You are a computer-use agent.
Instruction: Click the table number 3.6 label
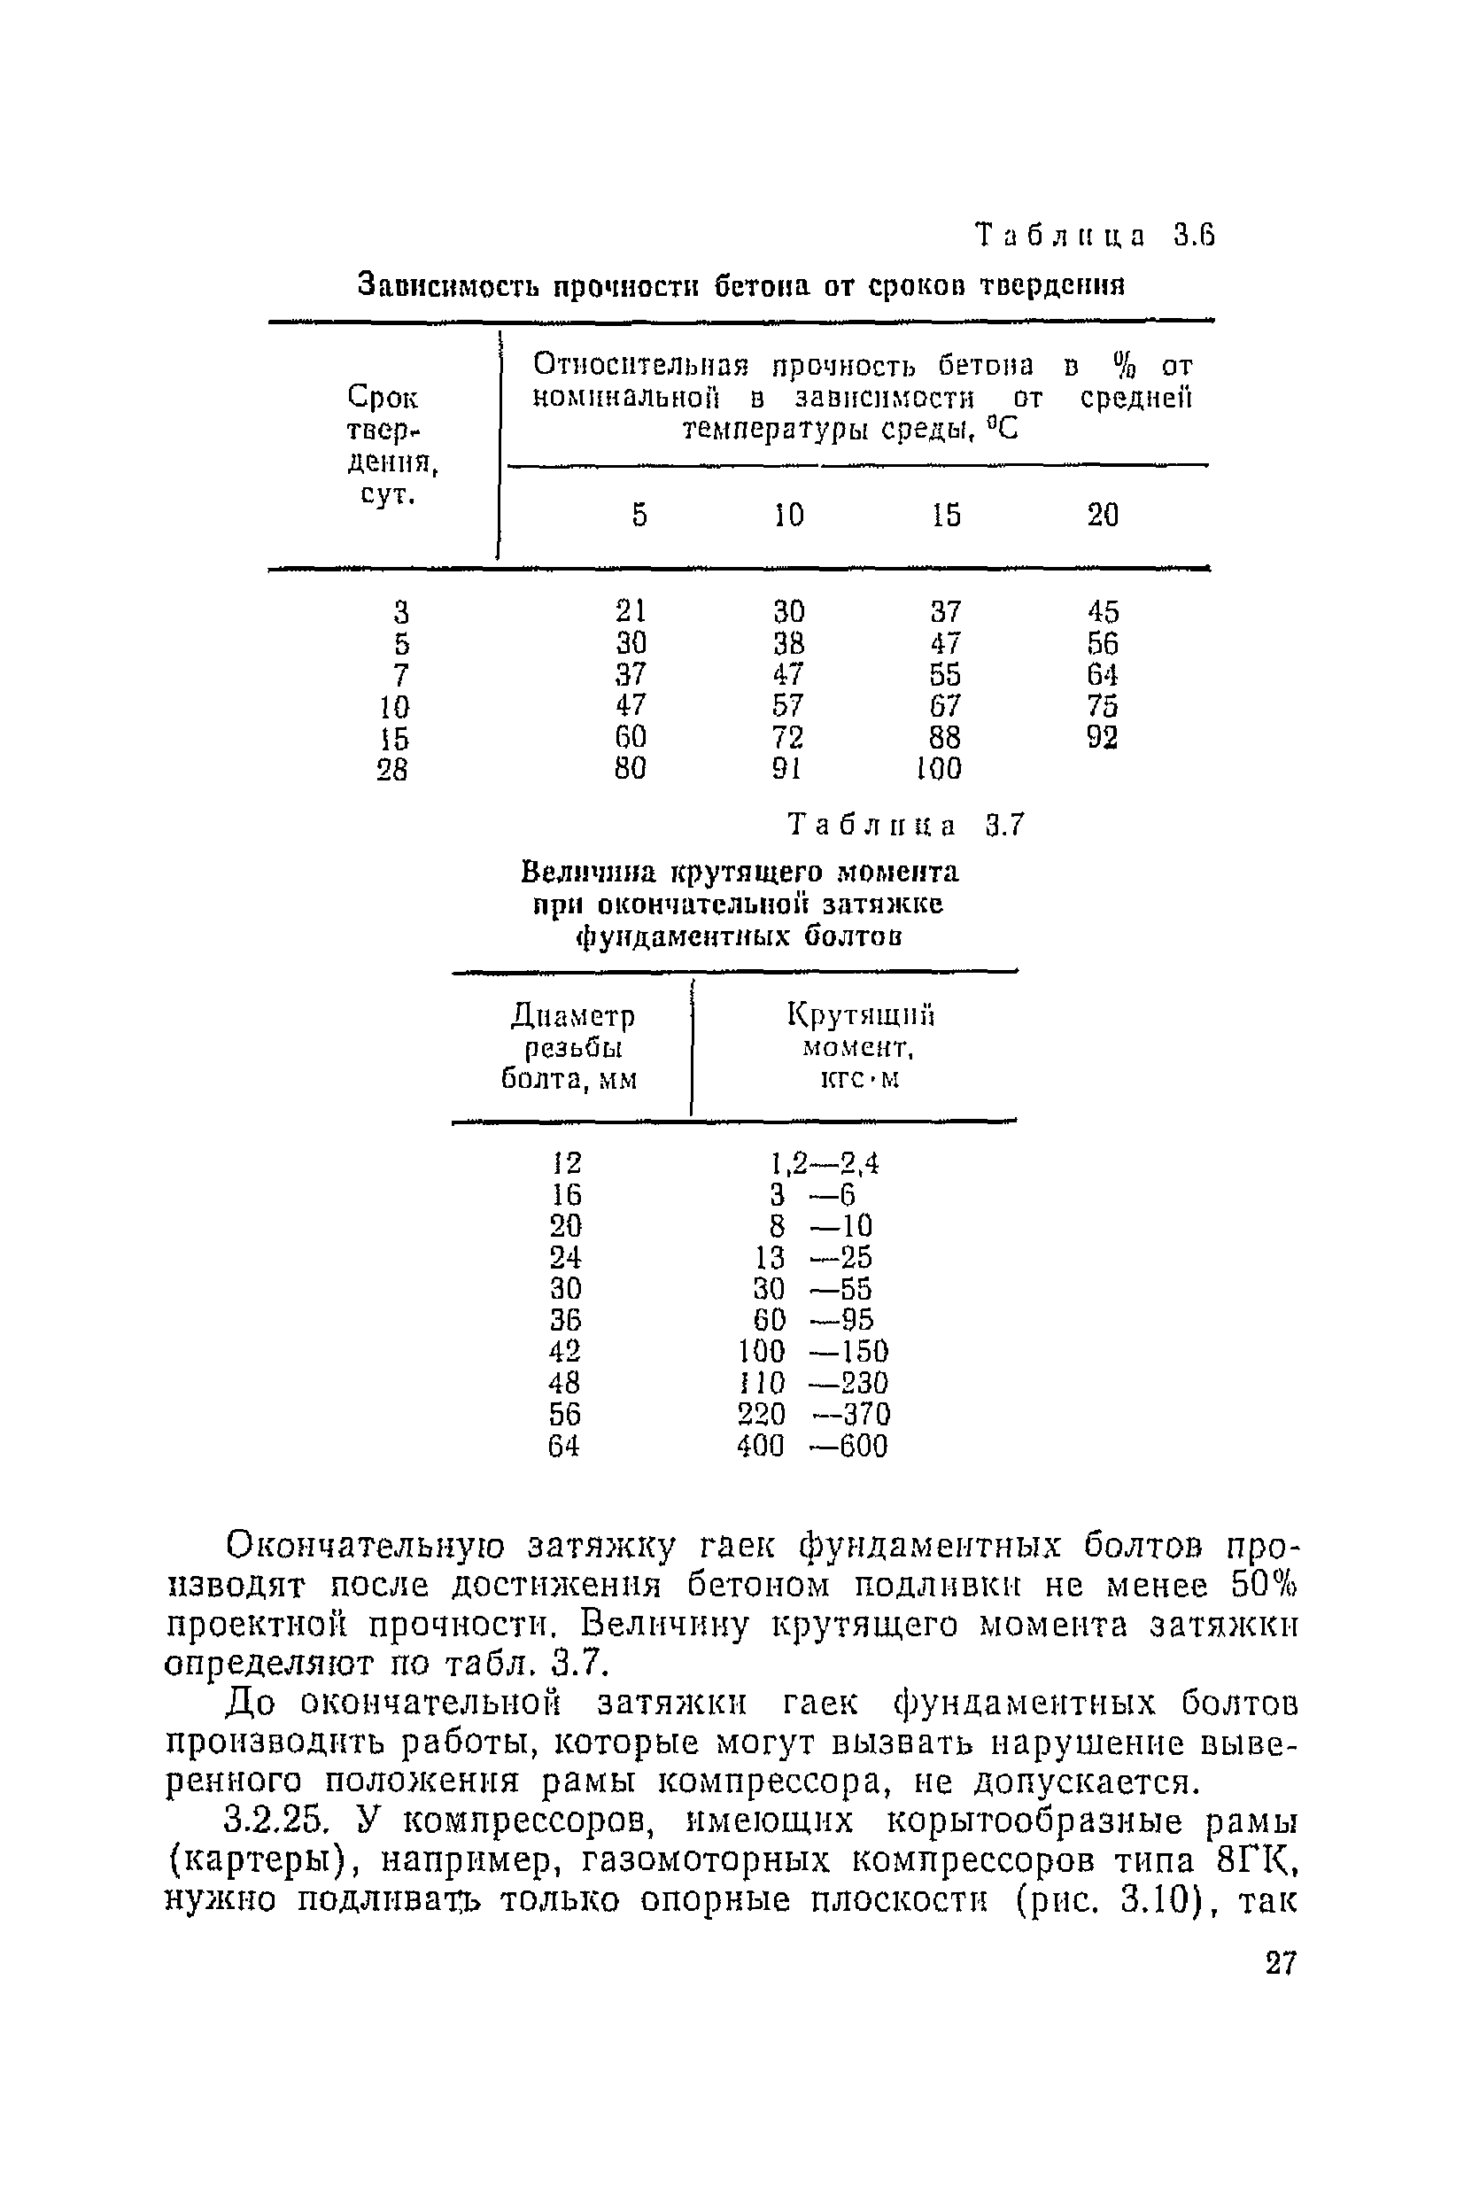[x=1096, y=237]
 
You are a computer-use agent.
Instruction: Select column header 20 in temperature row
[x=1103, y=515]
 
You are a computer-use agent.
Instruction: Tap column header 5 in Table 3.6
[x=639, y=515]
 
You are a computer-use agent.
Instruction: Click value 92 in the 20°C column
[x=1103, y=738]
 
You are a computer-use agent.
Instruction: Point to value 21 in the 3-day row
[x=631, y=610]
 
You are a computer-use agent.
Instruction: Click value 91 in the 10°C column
[x=787, y=768]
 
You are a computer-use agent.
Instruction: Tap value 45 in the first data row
[x=1103, y=611]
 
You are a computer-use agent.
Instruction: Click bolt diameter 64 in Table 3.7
[x=564, y=1447]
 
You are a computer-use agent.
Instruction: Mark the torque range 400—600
[x=812, y=1447]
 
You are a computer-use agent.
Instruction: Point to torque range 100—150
[x=813, y=1351]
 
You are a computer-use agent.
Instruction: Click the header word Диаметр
[x=573, y=1015]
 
